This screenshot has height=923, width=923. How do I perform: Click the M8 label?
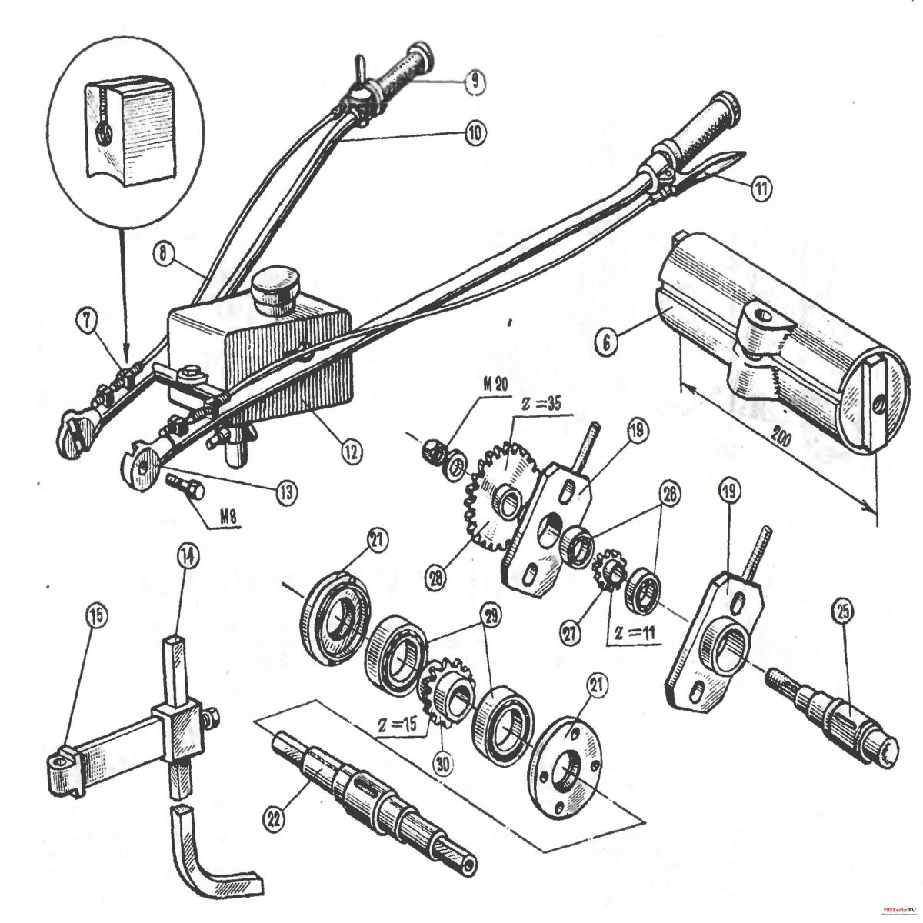(217, 517)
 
